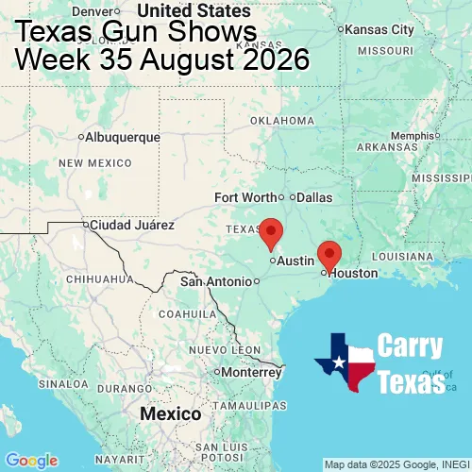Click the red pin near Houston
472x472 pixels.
329,253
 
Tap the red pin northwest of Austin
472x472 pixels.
271,230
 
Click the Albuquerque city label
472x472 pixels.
122,137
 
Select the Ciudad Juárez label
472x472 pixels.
131,226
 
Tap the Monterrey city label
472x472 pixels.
252,371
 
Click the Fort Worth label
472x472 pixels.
245,197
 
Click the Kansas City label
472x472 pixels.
380,29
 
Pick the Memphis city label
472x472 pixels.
415,135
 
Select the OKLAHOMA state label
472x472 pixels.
282,121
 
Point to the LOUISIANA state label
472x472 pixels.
407,256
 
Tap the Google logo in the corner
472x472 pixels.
30,461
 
